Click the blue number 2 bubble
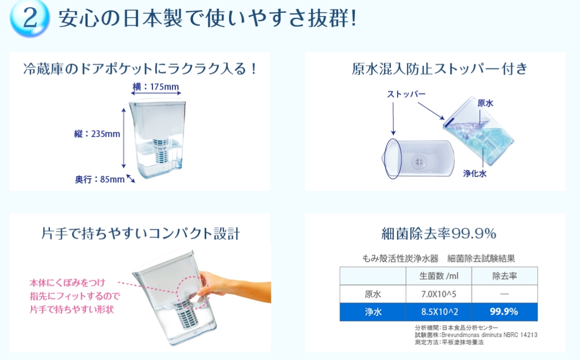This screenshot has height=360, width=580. [x=29, y=18]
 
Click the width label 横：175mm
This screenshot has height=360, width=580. [x=156, y=87]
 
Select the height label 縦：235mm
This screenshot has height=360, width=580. [x=97, y=134]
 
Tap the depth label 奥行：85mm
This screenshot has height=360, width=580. [x=100, y=180]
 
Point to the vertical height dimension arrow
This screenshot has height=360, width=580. [x=123, y=138]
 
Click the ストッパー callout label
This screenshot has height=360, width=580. [x=406, y=95]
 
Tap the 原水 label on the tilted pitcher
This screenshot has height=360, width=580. [x=485, y=103]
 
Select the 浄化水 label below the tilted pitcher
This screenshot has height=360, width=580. [x=474, y=173]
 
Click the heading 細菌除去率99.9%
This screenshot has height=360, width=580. [x=439, y=234]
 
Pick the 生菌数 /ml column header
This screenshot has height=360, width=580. [x=439, y=276]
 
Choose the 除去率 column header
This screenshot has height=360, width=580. [x=504, y=276]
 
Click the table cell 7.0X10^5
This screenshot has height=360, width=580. [x=439, y=294]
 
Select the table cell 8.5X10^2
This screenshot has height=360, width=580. [x=439, y=312]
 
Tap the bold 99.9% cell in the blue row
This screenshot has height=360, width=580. [x=504, y=312]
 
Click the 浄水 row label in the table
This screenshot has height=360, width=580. [x=373, y=312]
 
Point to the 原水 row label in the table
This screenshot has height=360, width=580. [x=373, y=294]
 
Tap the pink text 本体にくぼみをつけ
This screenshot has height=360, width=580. [x=67, y=283]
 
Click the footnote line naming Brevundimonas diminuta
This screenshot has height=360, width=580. [x=476, y=335]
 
